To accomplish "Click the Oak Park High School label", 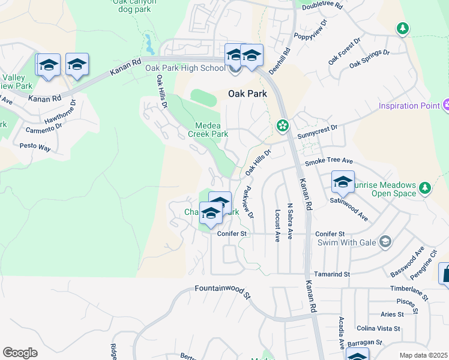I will coord(185,68).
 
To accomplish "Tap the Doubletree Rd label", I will coord(322,5).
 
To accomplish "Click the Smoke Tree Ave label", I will coord(328,161).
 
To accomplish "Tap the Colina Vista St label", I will coord(378,328).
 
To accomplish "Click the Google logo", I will coord(20,353).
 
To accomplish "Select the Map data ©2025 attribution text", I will coord(424,355).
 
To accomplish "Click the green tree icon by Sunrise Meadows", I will coord(425,188).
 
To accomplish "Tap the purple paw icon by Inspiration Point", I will coord(446,106).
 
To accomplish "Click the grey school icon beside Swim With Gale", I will coord(385,242).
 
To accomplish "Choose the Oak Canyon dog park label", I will coord(135,5).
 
